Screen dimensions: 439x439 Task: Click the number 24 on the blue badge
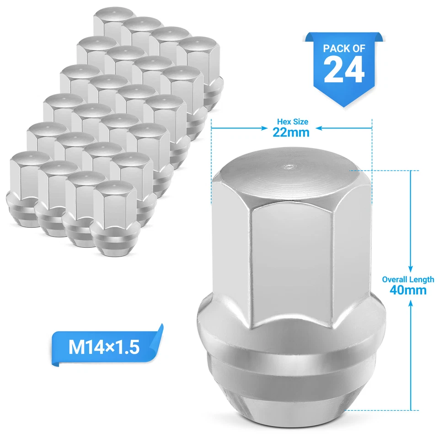pyautogui.click(x=344, y=70)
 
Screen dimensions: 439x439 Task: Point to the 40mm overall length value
pyautogui.click(x=408, y=289)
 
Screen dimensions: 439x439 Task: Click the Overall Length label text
pyautogui.click(x=408, y=279)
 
